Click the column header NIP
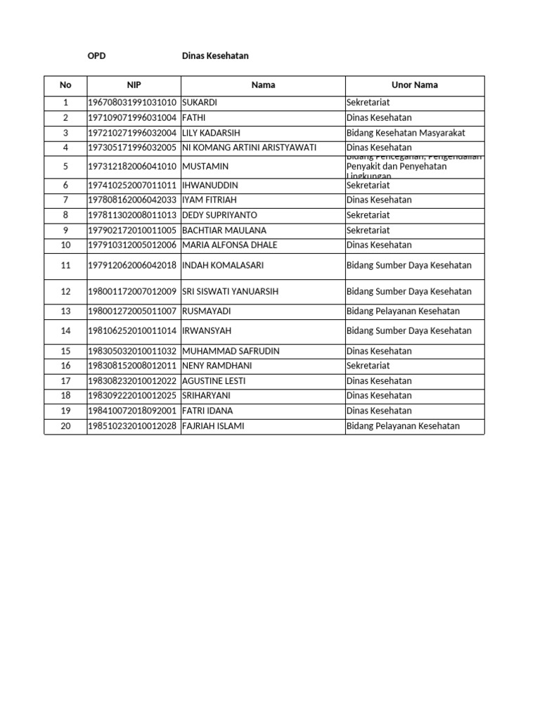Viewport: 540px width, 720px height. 134,85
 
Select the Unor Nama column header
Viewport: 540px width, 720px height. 415,85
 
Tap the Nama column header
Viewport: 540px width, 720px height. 263,85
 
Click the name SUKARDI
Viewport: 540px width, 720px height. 200,103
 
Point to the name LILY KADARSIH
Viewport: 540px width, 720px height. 212,133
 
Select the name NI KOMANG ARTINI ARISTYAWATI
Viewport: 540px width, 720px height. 250,148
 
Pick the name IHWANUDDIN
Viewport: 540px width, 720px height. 210,185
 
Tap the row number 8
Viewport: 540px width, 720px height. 65,215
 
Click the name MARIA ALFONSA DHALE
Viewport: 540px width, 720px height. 229,245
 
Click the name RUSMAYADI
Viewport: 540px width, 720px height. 206,311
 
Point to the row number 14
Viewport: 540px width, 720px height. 65,330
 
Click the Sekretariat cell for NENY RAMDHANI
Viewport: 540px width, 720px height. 368,366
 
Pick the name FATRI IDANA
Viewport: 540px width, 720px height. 207,411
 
